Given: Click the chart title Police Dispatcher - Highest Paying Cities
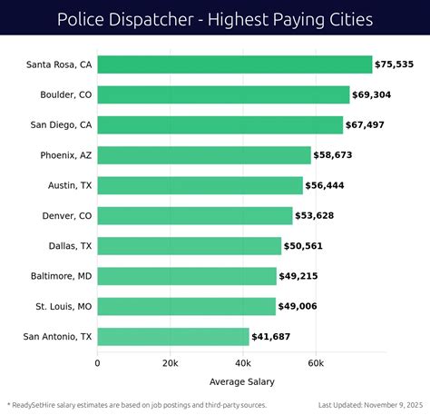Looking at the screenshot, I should (215, 18).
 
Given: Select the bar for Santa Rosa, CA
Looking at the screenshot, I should (234, 64).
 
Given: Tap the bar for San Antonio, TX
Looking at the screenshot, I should (172, 337).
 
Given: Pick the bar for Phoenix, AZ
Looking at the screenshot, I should (203, 155).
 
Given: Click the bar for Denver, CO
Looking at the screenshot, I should (194, 215).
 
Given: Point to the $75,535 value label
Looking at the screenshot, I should (401, 64).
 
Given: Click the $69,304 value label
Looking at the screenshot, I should (378, 95).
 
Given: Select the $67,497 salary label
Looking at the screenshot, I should (372, 125).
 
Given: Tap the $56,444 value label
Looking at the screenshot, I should (331, 185).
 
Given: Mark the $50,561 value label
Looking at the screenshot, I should (310, 246).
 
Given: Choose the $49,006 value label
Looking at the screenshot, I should (304, 307).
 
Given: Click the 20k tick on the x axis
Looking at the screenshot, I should (170, 363).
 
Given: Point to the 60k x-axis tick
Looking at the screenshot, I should (315, 363).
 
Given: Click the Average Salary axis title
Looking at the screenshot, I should (241, 381).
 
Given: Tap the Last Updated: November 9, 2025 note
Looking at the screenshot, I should (371, 405).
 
